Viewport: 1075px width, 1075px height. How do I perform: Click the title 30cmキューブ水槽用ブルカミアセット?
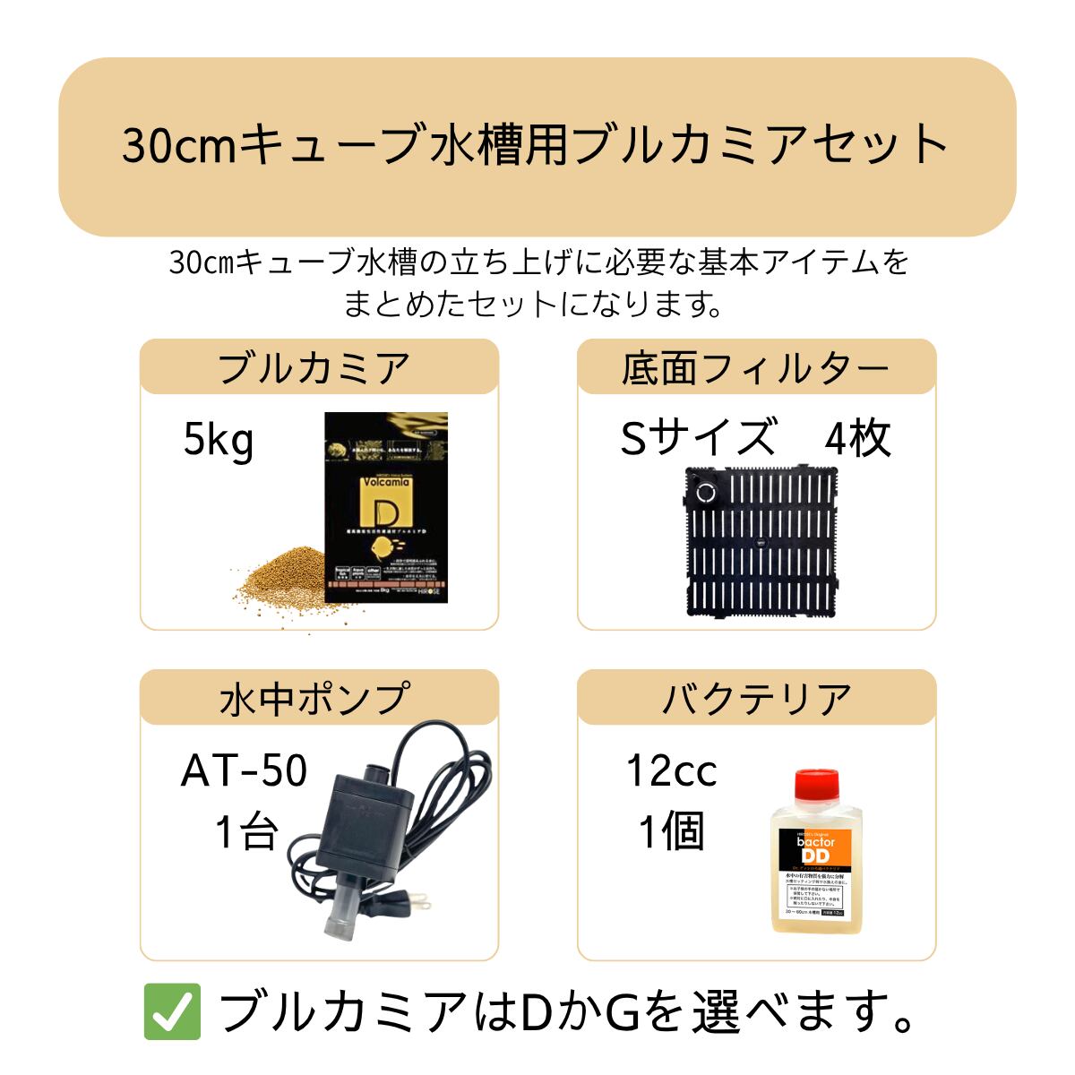click(536, 146)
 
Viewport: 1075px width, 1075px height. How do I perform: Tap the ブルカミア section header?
click(314, 368)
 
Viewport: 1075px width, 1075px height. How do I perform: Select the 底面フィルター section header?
click(755, 368)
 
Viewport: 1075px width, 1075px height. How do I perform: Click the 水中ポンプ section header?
click(314, 699)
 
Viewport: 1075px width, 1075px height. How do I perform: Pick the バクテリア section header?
click(755, 699)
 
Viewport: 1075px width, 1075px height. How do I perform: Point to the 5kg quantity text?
click(219, 441)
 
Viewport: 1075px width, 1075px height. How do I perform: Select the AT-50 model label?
click(244, 771)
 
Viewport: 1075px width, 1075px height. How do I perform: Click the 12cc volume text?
click(672, 771)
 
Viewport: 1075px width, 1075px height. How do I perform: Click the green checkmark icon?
click(170, 1011)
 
